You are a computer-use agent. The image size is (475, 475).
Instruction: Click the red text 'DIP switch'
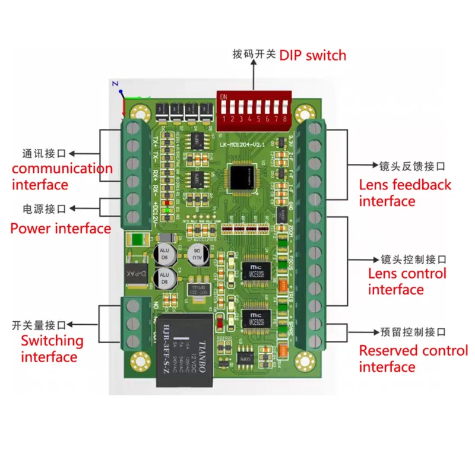[x=312, y=55]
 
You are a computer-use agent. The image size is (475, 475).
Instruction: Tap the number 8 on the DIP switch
[x=286, y=119]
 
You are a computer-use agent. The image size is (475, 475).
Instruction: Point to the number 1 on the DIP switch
[x=224, y=119]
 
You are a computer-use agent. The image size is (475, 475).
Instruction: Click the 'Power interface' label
[x=61, y=228]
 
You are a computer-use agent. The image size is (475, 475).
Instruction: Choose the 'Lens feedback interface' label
[x=405, y=192]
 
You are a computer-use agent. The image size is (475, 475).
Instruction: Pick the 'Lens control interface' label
[x=407, y=281]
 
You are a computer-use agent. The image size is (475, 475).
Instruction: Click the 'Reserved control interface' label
[x=413, y=359]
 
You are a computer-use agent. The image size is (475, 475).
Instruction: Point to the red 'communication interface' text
[x=62, y=176]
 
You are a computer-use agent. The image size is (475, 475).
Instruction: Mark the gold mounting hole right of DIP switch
[x=306, y=112]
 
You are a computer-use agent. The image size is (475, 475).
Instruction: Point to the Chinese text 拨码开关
[x=254, y=55]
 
